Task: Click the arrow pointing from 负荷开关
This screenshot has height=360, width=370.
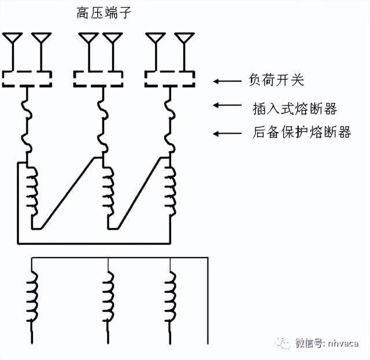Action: click(x=227, y=81)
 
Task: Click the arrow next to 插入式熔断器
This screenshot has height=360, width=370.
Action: click(x=227, y=105)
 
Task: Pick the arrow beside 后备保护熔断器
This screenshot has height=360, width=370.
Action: click(x=227, y=134)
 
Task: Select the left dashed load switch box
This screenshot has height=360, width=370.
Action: click(x=27, y=78)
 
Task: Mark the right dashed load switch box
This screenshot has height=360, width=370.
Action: click(x=169, y=78)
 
